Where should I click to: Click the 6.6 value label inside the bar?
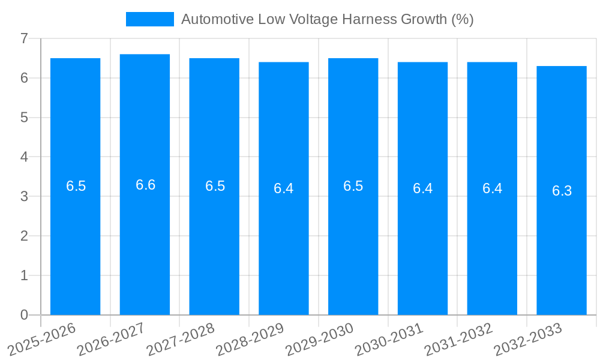tap(145, 185)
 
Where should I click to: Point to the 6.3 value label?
tap(562, 191)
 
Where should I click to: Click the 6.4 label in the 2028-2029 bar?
tap(283, 188)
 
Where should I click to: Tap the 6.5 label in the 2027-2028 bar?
tap(215, 186)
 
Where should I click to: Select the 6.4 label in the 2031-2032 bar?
tap(492, 188)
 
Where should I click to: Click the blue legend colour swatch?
tap(149, 19)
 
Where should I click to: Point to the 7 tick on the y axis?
tap(24, 38)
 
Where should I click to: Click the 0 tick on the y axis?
tap(24, 315)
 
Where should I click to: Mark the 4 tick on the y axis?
tap(24, 157)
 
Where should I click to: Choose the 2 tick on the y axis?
tap(24, 236)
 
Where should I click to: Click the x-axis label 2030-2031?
tap(389, 340)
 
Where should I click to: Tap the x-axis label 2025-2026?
tap(42, 340)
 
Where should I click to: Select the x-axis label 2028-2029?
tap(250, 340)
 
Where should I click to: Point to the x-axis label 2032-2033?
tap(528, 340)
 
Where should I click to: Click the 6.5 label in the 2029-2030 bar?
tap(353, 186)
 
